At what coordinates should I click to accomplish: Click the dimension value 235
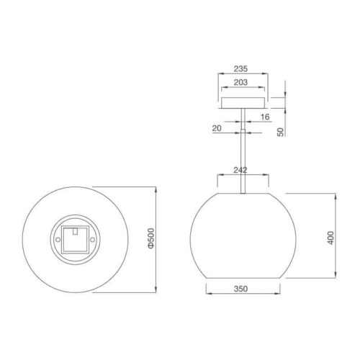point(240,71)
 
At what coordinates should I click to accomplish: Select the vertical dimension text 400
point(330,238)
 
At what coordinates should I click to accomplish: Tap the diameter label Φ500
point(150,238)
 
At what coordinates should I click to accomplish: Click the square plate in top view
point(74,237)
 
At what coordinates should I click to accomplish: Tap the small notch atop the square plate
point(74,231)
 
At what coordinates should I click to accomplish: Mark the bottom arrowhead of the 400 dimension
point(336,281)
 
